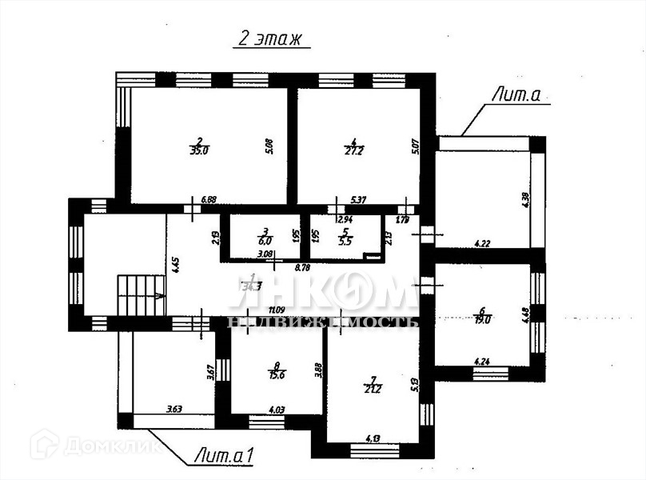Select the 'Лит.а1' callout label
[x=225, y=456]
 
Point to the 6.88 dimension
[x=209, y=199]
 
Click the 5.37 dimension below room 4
[x=359, y=199]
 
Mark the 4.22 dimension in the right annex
[x=482, y=243]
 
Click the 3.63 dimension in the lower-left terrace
[x=173, y=410]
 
